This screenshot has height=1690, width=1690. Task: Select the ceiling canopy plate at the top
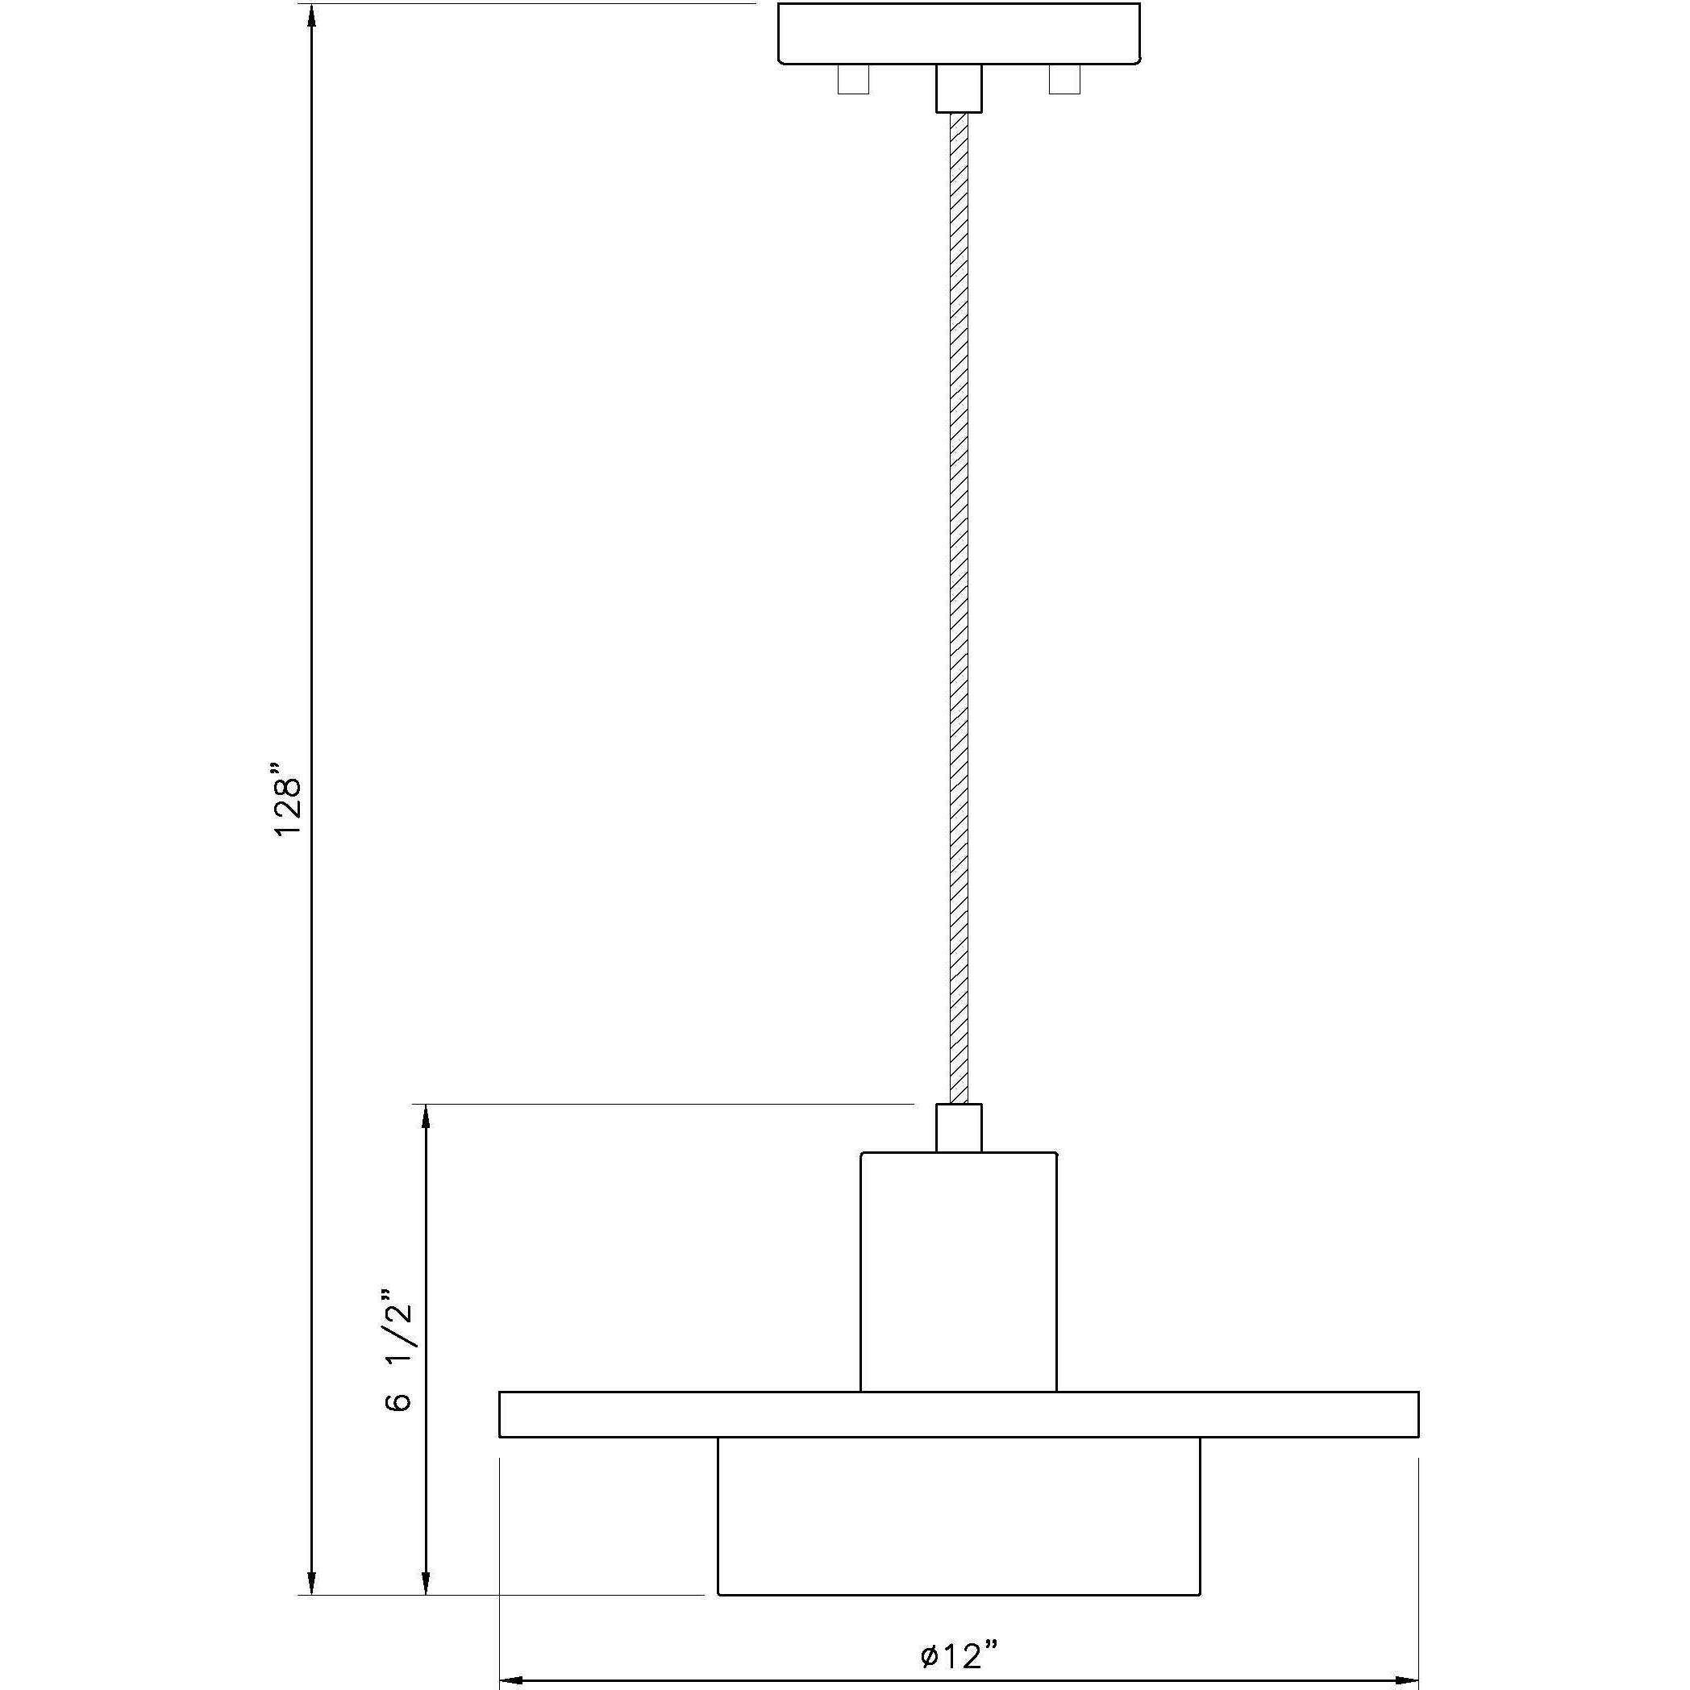click(959, 33)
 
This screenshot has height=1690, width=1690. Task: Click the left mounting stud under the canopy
click(853, 80)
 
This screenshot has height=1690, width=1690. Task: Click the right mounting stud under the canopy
click(1064, 80)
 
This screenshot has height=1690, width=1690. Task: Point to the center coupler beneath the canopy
click(959, 89)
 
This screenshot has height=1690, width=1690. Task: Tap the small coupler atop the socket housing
click(959, 1130)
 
